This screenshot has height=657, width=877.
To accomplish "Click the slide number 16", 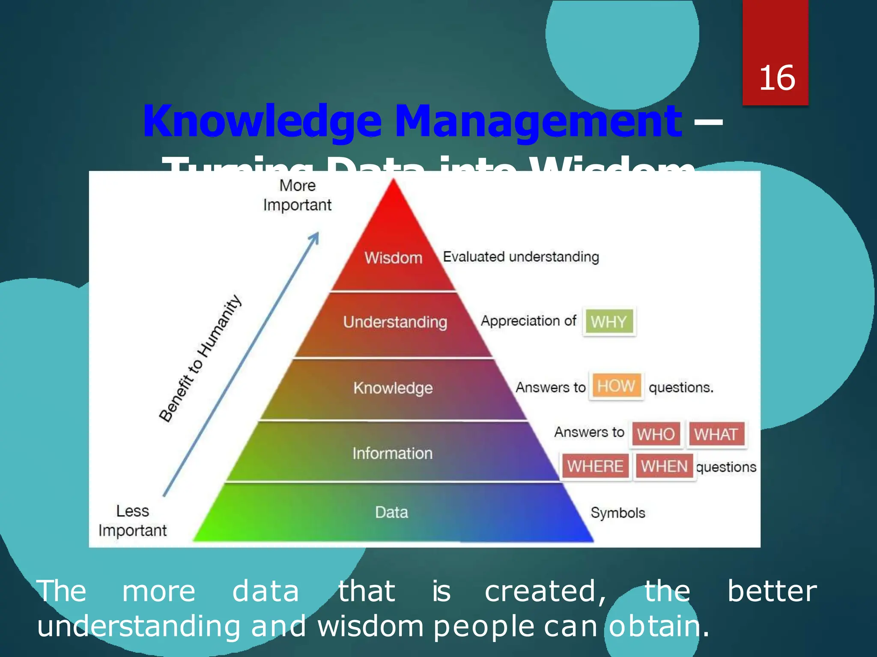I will coord(777,78).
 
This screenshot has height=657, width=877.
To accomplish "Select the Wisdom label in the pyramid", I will coord(393,258).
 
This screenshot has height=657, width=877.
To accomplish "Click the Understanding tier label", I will coord(395,322).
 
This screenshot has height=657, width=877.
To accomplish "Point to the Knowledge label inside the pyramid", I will coord(393,388).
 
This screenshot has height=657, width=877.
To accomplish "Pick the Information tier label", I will coord(392,453).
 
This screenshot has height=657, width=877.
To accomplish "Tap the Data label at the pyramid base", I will coord(391,512).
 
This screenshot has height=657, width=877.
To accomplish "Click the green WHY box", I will coord(609,322).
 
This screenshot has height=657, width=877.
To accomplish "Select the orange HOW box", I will coord(616,386).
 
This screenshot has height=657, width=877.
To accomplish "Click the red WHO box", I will coord(655,435).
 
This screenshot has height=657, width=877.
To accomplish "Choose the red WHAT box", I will coord(716,435).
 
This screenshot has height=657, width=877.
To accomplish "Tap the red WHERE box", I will coord(595,466).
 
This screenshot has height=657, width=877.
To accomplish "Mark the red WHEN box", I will coord(664,466).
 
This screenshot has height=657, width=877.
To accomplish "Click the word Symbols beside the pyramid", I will coord(617,512).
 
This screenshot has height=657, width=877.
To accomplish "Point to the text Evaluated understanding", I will coord(521,257).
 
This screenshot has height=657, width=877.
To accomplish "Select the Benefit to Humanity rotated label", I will coord(200,358).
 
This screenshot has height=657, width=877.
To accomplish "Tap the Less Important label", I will coord(132,521).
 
